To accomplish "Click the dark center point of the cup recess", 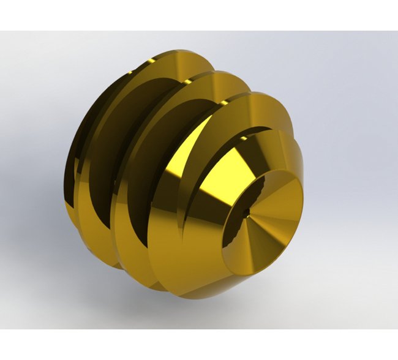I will tap(247, 214).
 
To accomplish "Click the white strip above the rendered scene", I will tap(199, 15).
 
